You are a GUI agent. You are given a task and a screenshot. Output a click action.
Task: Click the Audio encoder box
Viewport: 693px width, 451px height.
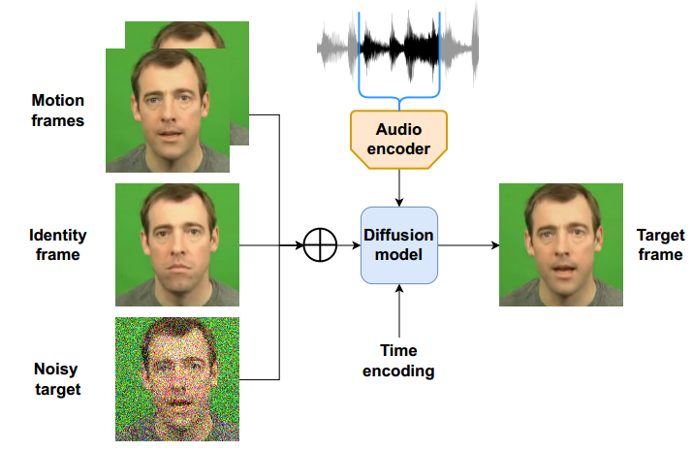coord(398,138)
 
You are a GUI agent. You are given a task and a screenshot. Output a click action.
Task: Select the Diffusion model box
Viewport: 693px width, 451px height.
coord(399,245)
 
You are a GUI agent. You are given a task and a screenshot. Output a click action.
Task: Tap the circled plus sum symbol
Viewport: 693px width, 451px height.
coord(318,245)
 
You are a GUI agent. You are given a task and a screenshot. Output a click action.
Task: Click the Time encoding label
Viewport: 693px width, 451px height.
coord(398,361)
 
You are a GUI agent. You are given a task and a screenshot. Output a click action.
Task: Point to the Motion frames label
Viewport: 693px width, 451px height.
coord(58,111)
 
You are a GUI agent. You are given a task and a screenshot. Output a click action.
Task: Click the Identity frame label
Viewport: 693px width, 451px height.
coord(58,244)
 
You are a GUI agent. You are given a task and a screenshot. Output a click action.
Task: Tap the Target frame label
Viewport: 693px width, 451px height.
coord(661,244)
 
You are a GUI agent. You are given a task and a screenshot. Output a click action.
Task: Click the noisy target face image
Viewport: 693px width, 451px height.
coord(177,379)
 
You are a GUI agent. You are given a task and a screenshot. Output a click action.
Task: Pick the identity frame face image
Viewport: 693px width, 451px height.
coord(177,244)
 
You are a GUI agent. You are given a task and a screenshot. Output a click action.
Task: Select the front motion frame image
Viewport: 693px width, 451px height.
coord(167,111)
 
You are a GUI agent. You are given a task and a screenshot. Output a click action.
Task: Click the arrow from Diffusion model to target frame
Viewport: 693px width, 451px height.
coord(467,245)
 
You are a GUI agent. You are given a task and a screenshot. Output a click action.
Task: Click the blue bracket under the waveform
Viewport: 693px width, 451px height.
coord(399,97)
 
